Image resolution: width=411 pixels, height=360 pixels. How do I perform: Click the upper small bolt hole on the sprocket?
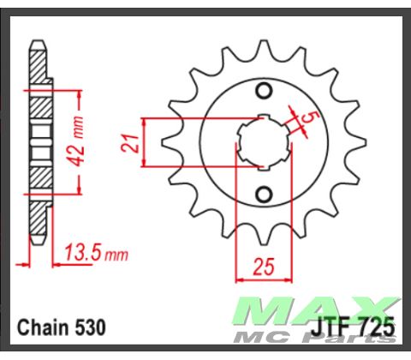point(265,92)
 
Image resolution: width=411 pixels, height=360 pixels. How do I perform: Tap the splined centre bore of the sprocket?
point(264,142)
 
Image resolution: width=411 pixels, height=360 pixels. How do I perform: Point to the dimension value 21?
point(130,143)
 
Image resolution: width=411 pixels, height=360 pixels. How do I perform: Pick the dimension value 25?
point(264,267)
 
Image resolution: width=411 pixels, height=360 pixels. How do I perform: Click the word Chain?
point(41,328)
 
